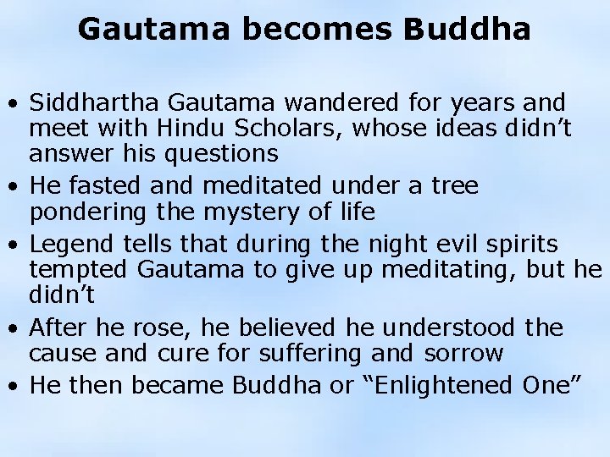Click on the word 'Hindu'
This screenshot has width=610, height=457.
click(170, 129)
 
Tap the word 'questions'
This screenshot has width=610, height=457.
click(224, 153)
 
